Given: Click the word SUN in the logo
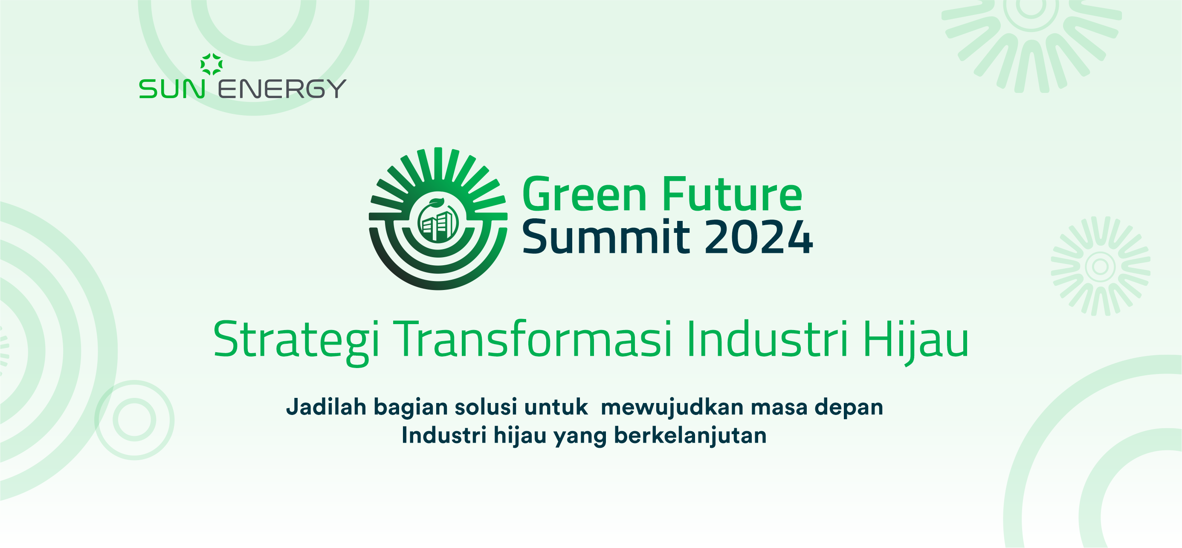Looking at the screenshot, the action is pos(172,89).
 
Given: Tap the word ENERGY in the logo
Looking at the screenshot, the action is pos(282,89).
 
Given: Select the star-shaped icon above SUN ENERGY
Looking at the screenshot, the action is pos(211,64).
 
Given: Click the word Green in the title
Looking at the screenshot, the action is pos(585,194).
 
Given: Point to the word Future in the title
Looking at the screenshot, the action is pos(732,194).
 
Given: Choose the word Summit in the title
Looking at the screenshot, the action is pos(605,237).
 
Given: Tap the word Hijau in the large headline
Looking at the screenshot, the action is pos(915,342).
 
